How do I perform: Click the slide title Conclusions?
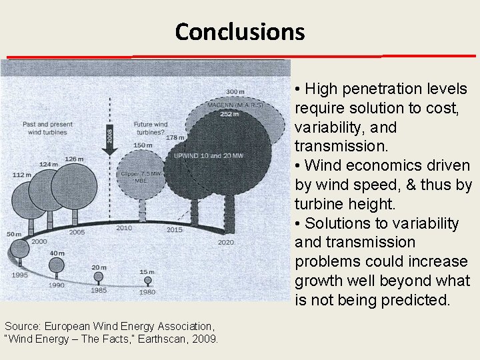click(x=239, y=31)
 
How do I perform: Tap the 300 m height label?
click(x=235, y=91)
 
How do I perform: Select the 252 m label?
click(x=230, y=114)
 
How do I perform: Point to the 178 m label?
click(x=175, y=138)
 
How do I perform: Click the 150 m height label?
click(x=143, y=145)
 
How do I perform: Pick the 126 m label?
click(x=74, y=159)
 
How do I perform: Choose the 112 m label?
click(x=21, y=175)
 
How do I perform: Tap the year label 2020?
click(x=225, y=243)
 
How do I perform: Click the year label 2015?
click(x=174, y=230)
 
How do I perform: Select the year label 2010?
click(x=124, y=228)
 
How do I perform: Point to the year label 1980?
click(x=147, y=292)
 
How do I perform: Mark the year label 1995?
click(x=19, y=275)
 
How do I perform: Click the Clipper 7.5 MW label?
click(x=140, y=175)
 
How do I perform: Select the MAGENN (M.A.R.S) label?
click(x=235, y=105)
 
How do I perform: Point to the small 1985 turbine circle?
click(x=99, y=276)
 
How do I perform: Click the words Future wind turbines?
click(x=151, y=128)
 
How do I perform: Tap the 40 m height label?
click(x=57, y=253)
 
